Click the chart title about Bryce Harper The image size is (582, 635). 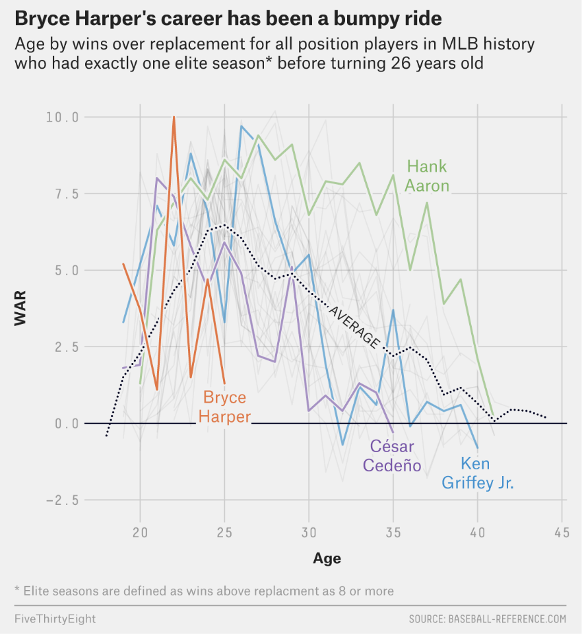pyautogui.click(x=228, y=18)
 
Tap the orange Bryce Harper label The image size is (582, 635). pyautogui.click(x=226, y=407)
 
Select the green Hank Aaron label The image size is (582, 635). pyautogui.click(x=428, y=176)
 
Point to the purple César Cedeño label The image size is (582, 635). pyautogui.click(x=392, y=455)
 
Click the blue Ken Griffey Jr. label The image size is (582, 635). pyautogui.click(x=477, y=473)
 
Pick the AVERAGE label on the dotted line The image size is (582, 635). pyautogui.click(x=354, y=327)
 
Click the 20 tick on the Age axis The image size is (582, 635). pyautogui.click(x=140, y=532)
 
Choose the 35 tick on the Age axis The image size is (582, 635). pyautogui.click(x=393, y=532)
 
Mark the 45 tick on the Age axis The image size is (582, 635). pyautogui.click(x=562, y=532)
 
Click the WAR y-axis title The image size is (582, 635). pyautogui.click(x=20, y=309)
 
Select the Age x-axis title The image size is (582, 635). pyautogui.click(x=327, y=558)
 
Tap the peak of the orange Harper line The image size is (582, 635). pyautogui.click(x=174, y=117)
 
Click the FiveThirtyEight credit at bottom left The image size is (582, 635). pyautogui.click(x=55, y=618)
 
